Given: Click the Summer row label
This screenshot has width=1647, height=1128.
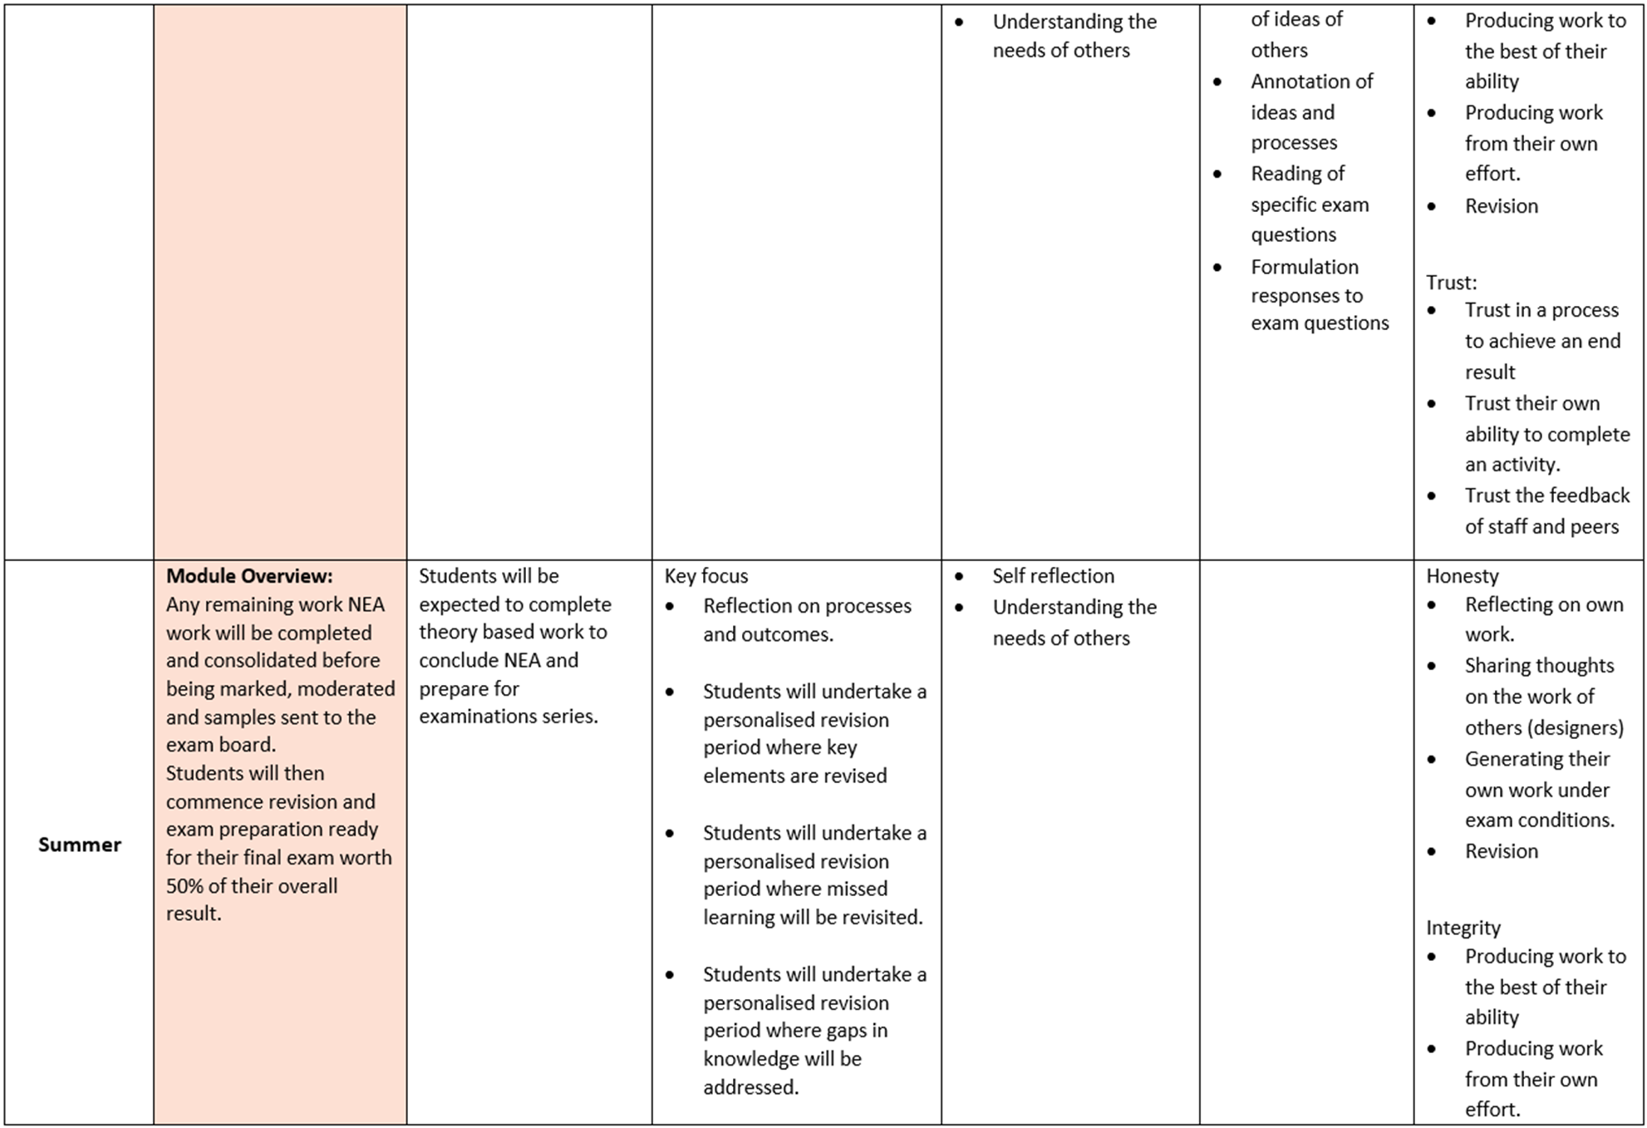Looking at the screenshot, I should point(80,845).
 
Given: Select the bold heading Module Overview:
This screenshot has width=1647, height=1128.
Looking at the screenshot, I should point(249,575).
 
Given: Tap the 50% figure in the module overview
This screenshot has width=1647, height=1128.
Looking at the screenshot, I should point(184,885).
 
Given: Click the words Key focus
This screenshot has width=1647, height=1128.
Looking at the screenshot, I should point(706,575).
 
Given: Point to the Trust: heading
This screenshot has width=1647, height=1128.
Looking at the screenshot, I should point(1451,282).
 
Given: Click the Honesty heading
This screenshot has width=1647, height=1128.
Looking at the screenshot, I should point(1462,575).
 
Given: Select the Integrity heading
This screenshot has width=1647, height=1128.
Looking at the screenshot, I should point(1463,927).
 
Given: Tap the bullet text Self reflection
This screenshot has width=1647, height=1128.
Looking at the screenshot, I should point(1053,575).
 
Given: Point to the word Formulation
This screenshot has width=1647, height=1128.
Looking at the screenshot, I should point(1305,267).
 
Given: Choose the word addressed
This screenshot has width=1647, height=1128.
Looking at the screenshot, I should point(750,1086).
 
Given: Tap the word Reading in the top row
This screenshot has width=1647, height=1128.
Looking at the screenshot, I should point(1286,173).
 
